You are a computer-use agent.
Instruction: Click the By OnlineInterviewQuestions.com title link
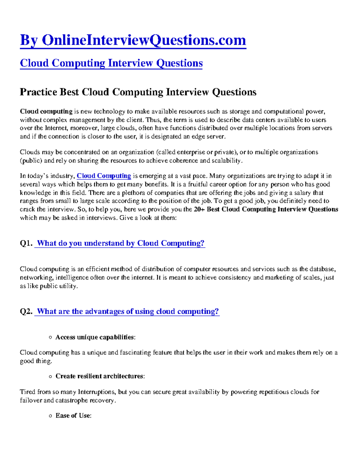pos(133,40)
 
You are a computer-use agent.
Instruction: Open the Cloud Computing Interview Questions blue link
pos(111,63)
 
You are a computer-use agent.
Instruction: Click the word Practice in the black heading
pos(38,92)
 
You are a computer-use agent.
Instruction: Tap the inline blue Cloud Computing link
pos(104,176)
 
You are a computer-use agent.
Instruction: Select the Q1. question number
pos(26,243)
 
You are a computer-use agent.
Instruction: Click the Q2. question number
pos(26,311)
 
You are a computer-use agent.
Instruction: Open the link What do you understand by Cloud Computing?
pos(120,243)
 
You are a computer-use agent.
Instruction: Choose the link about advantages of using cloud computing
pos(127,311)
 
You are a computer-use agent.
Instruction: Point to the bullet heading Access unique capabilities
pos(95,337)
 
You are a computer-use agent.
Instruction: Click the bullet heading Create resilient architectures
pos(100,376)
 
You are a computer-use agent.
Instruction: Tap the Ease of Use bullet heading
pos(73,416)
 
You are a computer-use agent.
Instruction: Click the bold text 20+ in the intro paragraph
pos(199,209)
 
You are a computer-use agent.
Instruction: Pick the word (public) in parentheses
pos(31,161)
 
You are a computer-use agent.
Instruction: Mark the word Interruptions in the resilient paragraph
pos(97,392)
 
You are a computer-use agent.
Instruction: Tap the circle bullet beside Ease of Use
pos(50,416)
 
